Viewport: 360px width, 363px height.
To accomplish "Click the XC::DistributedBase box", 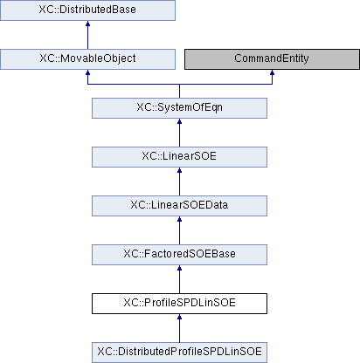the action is pyautogui.click(x=87, y=10).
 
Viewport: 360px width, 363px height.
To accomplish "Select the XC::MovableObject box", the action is pyautogui.click(x=87, y=59).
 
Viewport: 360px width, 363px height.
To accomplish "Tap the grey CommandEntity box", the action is pyautogui.click(x=272, y=59).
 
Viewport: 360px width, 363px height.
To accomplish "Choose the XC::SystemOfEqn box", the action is pyautogui.click(x=179, y=108).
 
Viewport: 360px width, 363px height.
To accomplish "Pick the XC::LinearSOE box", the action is pyautogui.click(x=179, y=157).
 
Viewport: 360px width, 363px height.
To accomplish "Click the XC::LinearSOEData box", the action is pyautogui.click(x=179, y=206).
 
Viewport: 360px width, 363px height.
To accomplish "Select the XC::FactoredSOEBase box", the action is pyautogui.click(x=179, y=255).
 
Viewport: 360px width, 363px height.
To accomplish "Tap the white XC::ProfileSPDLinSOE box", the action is pyautogui.click(x=179, y=304).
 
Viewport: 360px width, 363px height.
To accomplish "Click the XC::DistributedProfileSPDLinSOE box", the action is pyautogui.click(x=179, y=353).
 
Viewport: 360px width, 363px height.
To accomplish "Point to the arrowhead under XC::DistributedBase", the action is pyautogui.click(x=87, y=24).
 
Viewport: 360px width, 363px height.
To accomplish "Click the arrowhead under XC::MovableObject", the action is pyautogui.click(x=87, y=72).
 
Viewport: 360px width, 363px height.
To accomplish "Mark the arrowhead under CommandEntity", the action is pyautogui.click(x=272, y=72).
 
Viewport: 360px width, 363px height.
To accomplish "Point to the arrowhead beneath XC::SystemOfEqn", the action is pyautogui.click(x=179, y=121).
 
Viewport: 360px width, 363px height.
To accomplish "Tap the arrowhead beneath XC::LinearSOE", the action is pyautogui.click(x=179, y=170).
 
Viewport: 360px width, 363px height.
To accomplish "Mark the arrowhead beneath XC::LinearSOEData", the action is pyautogui.click(x=179, y=219).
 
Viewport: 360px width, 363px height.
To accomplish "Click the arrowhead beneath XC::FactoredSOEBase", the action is pyautogui.click(x=179, y=268).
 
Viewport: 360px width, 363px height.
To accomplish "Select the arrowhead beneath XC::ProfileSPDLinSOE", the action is pyautogui.click(x=179, y=317).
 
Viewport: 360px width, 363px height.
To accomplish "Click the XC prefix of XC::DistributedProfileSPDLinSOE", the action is pyautogui.click(x=103, y=352).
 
